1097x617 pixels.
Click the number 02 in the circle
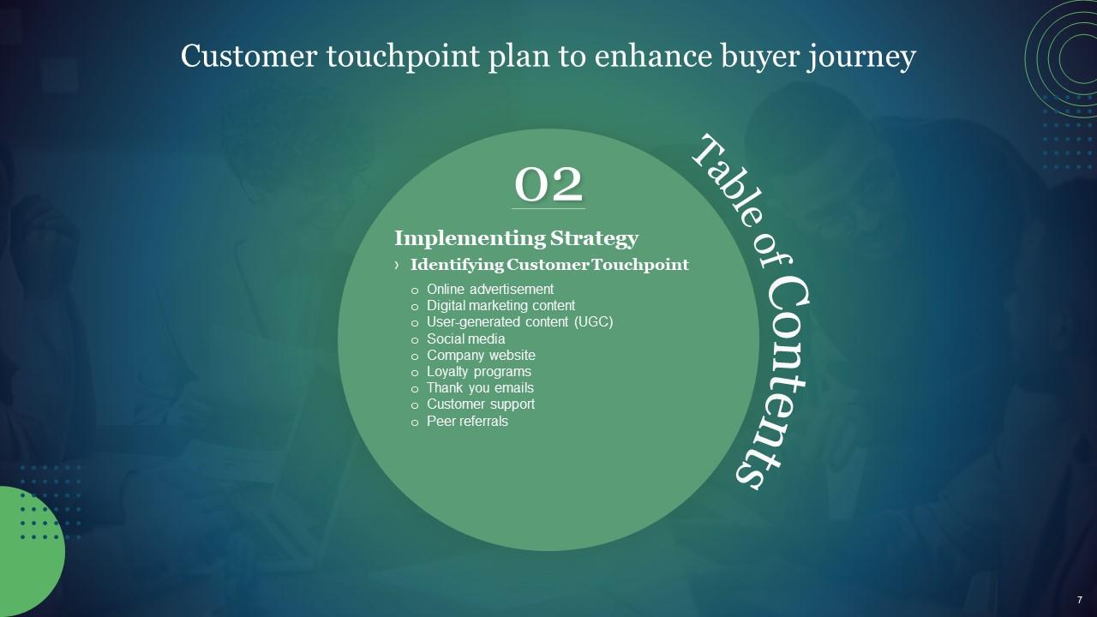(x=548, y=184)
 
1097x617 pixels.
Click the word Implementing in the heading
(x=470, y=238)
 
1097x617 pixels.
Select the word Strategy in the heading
(x=594, y=238)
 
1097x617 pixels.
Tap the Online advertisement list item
(x=490, y=290)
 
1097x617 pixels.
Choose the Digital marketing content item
(x=501, y=306)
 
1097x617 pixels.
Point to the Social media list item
(x=465, y=338)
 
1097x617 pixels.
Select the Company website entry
(x=481, y=356)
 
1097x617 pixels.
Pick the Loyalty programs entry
(x=479, y=372)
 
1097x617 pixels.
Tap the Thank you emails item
(x=480, y=388)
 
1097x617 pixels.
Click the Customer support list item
(x=481, y=404)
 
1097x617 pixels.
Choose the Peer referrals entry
(x=467, y=421)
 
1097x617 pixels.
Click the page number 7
(x=1080, y=600)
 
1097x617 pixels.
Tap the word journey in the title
(x=862, y=57)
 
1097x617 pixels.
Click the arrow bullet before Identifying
(x=396, y=265)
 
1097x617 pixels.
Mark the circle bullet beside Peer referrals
(x=415, y=422)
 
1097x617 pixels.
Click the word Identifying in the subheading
(x=457, y=265)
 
